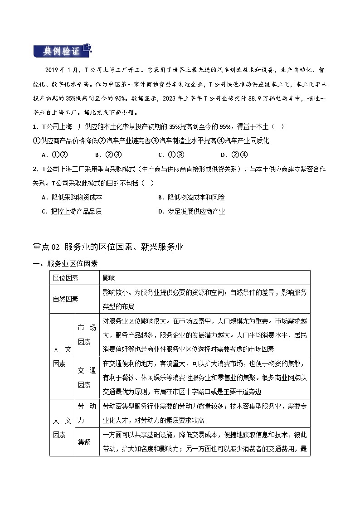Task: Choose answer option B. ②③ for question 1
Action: [108, 155]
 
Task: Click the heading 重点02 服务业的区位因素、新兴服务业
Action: [108, 247]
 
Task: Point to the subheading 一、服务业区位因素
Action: [65, 264]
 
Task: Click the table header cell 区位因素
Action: [65, 277]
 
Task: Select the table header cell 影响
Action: [109, 277]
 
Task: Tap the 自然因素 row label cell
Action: [65, 299]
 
